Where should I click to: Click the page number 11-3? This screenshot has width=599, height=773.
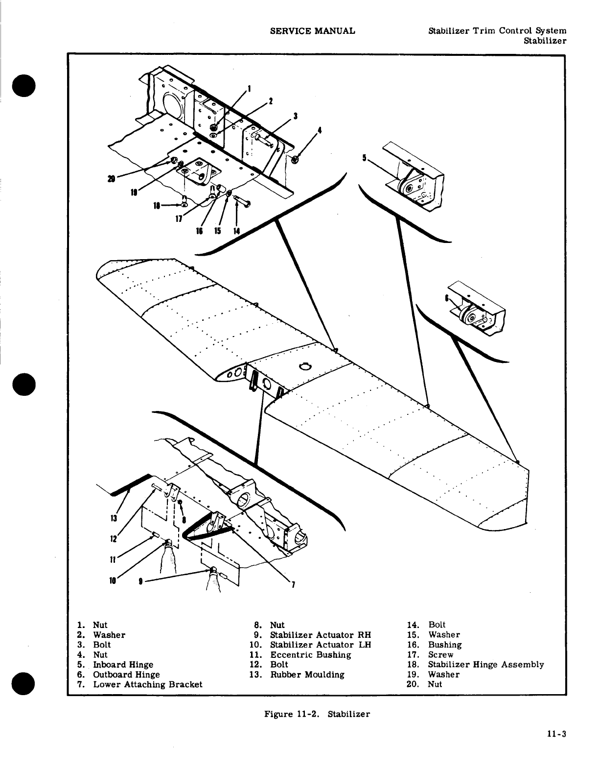click(557, 734)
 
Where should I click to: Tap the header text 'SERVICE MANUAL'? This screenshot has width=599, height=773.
click(313, 31)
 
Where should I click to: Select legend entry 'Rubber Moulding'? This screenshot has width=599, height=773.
click(307, 675)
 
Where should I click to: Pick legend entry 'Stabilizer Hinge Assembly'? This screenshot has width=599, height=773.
click(485, 665)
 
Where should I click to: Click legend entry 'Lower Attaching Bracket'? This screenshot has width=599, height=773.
click(147, 684)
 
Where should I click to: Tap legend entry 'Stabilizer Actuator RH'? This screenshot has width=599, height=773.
click(321, 635)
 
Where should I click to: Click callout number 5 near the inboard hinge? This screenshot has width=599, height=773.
click(365, 158)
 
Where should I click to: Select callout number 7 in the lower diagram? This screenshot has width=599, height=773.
click(293, 584)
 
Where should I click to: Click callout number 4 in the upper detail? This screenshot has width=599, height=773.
click(319, 131)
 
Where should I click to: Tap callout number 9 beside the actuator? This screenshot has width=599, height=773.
click(141, 582)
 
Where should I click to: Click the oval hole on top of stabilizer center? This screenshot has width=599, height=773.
click(304, 367)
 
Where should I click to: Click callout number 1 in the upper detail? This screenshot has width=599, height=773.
click(250, 89)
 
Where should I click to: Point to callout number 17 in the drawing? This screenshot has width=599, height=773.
click(180, 219)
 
